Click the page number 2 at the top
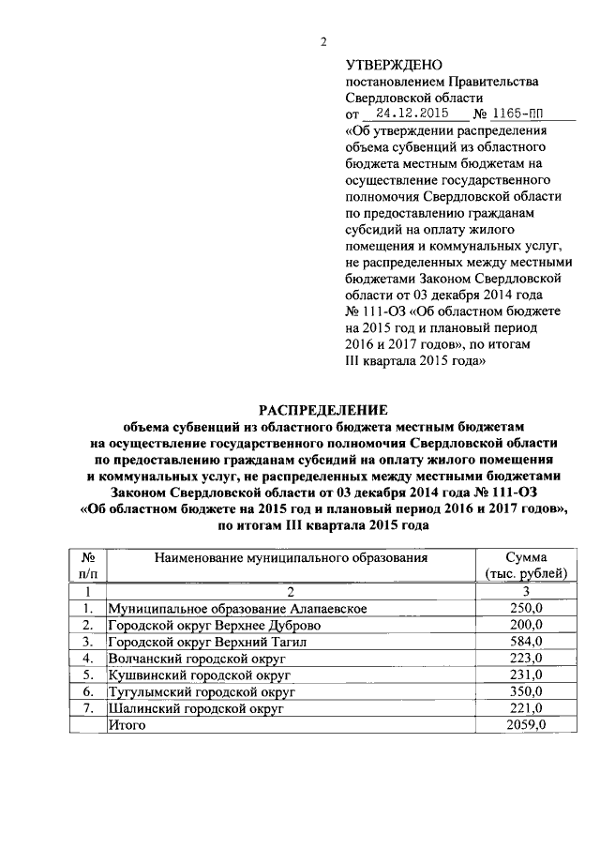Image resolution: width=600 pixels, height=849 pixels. coord(324,41)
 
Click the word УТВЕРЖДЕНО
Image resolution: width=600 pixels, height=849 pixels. coord(393,65)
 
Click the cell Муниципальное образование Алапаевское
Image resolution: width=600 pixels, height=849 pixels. coord(236,609)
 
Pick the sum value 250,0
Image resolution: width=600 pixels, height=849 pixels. coord(526,609)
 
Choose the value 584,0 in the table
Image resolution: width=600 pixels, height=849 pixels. coord(526,642)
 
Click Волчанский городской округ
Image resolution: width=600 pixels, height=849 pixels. coord(196,658)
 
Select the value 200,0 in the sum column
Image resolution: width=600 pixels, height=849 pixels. coord(526,625)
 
